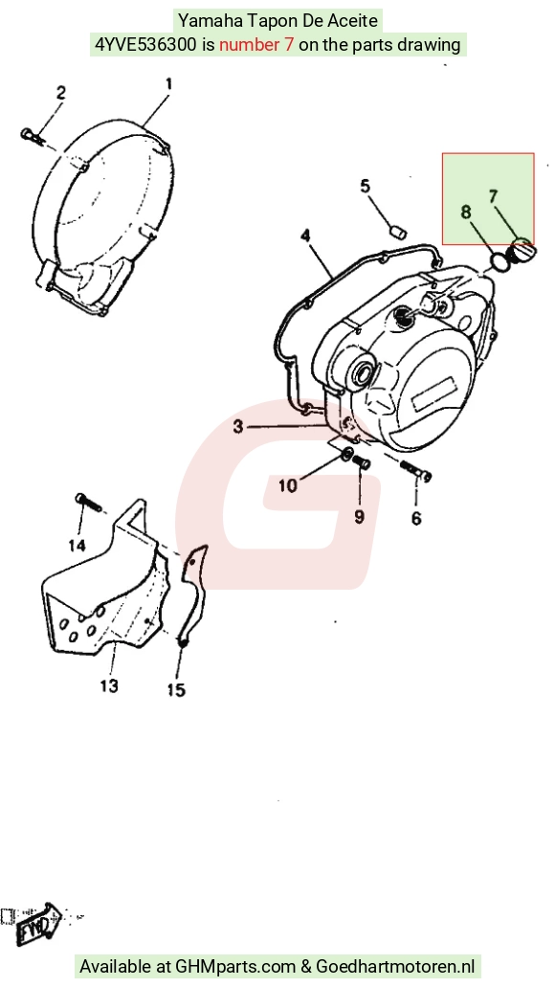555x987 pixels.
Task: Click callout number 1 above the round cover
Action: [168, 84]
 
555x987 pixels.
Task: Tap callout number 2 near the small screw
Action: [60, 93]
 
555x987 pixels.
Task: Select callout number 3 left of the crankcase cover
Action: [238, 427]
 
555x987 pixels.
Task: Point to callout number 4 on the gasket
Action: [305, 236]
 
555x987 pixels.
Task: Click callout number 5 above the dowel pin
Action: [366, 187]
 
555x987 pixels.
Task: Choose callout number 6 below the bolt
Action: [416, 519]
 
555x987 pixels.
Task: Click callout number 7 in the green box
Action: [494, 196]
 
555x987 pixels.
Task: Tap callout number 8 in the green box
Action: [466, 213]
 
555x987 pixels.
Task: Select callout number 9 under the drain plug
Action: [359, 517]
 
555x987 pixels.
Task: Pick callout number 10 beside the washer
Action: [288, 486]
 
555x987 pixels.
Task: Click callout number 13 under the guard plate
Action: [109, 684]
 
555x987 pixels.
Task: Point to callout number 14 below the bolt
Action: [77, 545]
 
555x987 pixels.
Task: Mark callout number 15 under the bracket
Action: [176, 690]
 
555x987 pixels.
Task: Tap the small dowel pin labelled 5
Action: [398, 233]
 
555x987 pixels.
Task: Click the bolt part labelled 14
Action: [88, 502]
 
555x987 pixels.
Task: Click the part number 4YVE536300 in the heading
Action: [144, 45]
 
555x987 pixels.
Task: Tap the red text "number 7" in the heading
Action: [256, 45]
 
